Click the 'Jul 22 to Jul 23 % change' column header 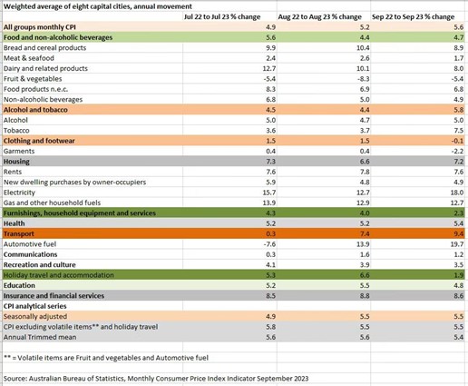[x=222, y=16]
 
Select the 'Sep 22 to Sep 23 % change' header [x=413, y=16]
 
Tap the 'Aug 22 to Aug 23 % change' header [x=319, y=16]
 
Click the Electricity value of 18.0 [x=457, y=193]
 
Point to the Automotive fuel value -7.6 [x=268, y=244]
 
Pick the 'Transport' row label [x=19, y=233]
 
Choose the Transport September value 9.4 [x=459, y=233]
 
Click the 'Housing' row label [x=16, y=162]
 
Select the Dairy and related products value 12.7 [x=269, y=68]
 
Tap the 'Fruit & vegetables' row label [x=33, y=79]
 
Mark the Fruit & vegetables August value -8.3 [x=363, y=79]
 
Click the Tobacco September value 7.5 [x=459, y=131]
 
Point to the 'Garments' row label [x=19, y=151]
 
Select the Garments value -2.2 [x=458, y=151]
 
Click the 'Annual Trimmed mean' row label [x=40, y=337]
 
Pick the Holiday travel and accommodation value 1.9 [x=459, y=275]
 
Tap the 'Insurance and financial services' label [x=54, y=296]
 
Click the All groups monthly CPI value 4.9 [x=270, y=27]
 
